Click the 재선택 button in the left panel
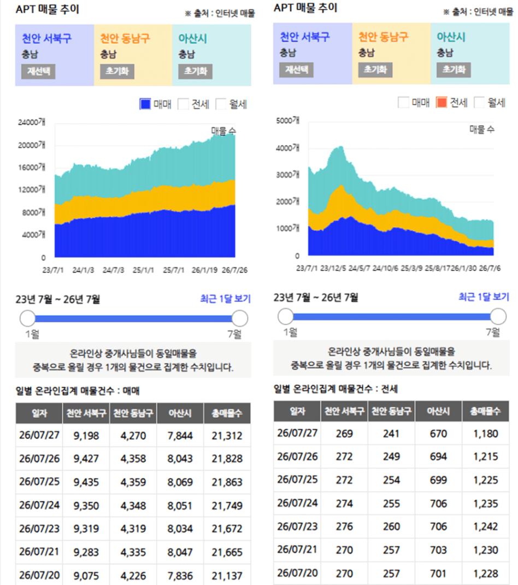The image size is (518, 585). click(x=38, y=71)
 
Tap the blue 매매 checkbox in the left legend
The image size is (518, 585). click(x=145, y=104)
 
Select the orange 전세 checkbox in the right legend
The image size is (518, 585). click(x=442, y=102)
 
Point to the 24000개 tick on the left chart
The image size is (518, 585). click(x=32, y=122)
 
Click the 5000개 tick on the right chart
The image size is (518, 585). click(x=287, y=120)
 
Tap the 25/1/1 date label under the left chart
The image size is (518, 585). click(x=143, y=270)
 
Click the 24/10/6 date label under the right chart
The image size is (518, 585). click(x=385, y=268)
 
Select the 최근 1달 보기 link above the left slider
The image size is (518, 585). click(x=225, y=298)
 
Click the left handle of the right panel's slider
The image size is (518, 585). click(x=286, y=316)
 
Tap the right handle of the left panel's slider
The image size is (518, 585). click(x=240, y=318)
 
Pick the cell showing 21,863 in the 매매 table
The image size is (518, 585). click(x=227, y=482)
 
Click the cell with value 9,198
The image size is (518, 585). click(x=86, y=436)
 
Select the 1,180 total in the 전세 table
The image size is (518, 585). click(x=486, y=433)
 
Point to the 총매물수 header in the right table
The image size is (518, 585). click(x=485, y=411)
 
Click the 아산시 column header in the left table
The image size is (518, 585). click(x=180, y=413)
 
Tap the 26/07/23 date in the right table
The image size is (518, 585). click(x=297, y=526)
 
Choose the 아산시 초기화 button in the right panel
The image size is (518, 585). click(x=454, y=69)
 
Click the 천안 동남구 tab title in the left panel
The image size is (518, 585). click(x=125, y=38)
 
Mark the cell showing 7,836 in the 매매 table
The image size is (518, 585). click(x=180, y=576)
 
